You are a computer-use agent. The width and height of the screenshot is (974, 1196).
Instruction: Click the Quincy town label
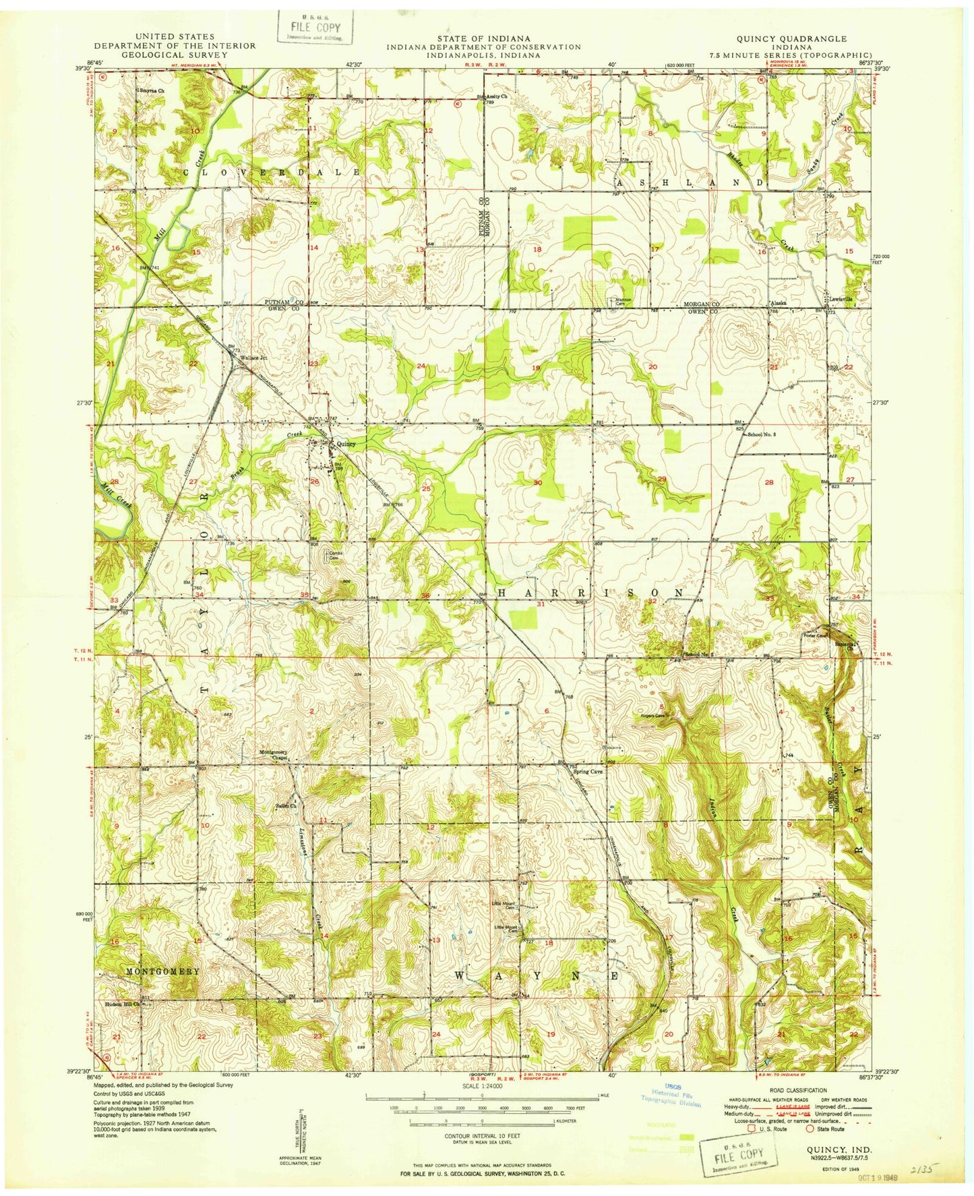346,444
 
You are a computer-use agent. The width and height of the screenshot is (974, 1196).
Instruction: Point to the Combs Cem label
335,555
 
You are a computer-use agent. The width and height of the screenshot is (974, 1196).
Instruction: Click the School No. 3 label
762,435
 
